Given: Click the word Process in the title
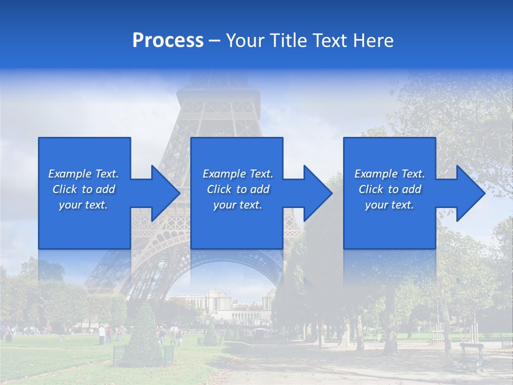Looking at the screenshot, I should (168, 41).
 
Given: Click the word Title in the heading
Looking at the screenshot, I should (289, 41).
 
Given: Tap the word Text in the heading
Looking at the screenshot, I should (330, 41).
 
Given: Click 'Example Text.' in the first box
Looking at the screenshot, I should (83, 174).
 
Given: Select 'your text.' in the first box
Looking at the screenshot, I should (83, 205).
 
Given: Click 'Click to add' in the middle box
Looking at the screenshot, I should (238, 189).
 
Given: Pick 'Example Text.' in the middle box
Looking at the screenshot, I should (238, 174).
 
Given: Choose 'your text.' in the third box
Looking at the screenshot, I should (390, 205).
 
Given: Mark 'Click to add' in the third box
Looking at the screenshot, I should (390, 189).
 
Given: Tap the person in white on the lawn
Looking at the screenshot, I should (102, 334).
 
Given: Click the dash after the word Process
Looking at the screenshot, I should (214, 41).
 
